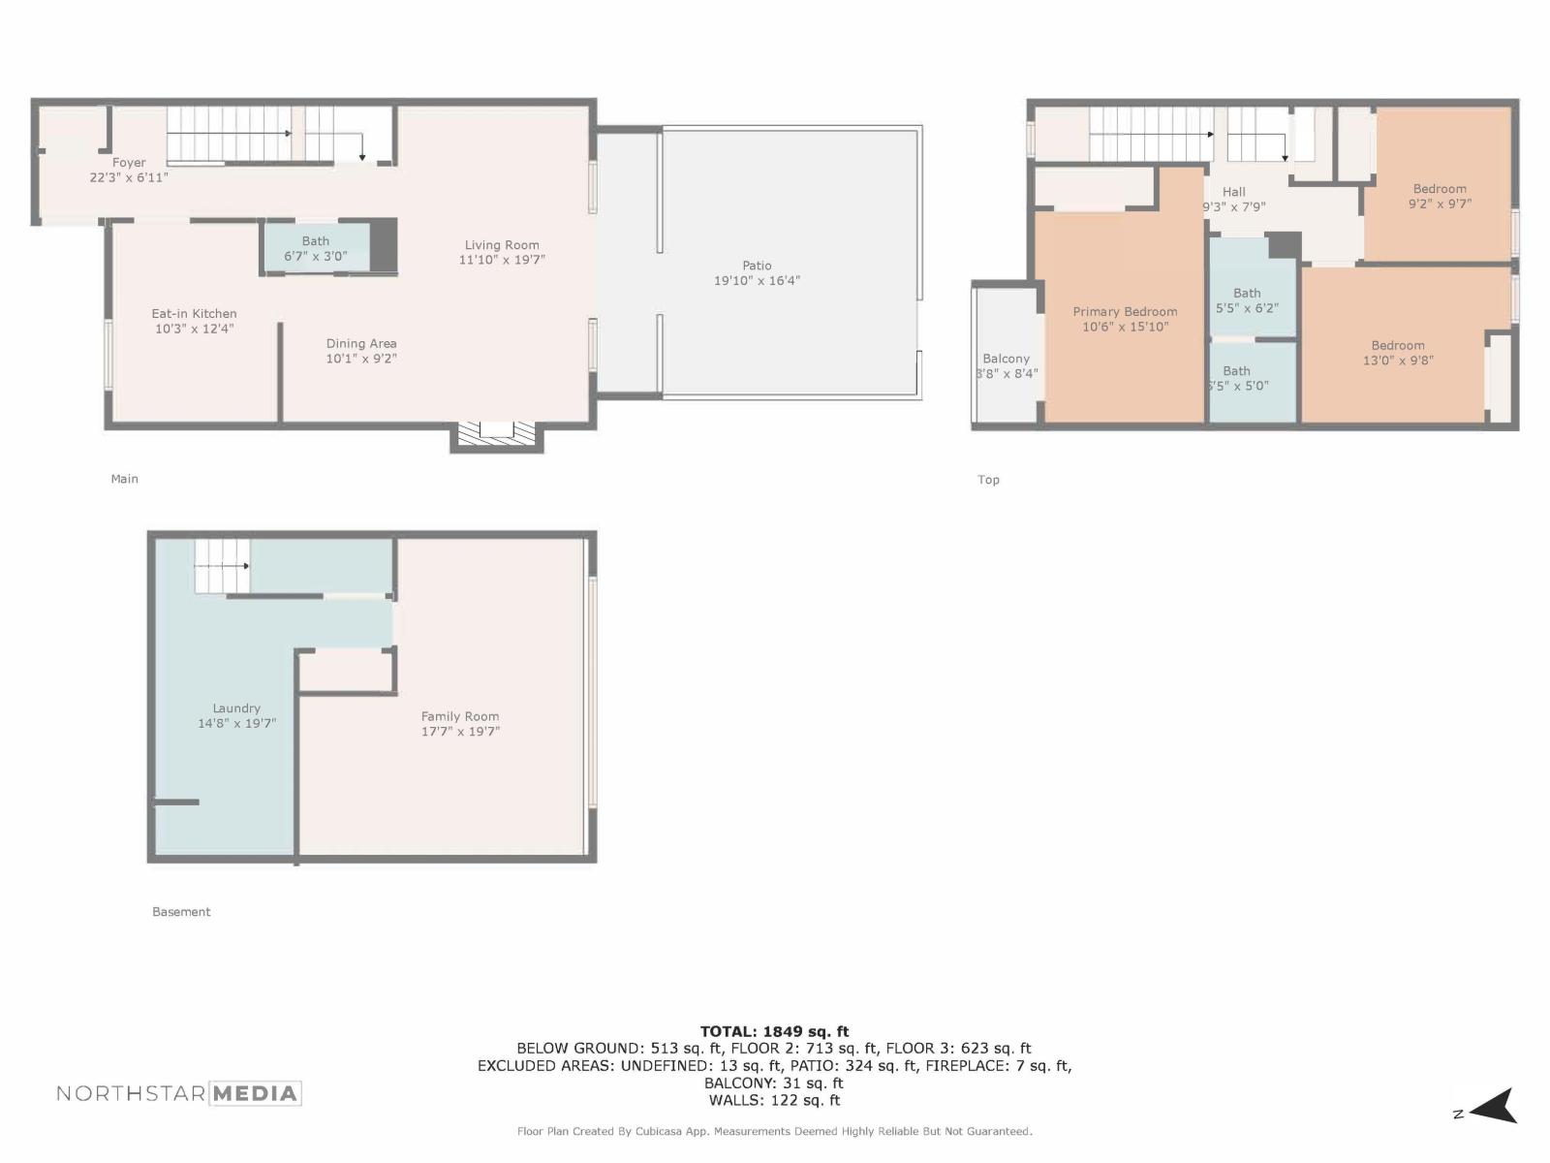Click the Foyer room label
129,163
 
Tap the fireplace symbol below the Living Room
496,433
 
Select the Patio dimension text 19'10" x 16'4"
757,281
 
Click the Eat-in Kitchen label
194,313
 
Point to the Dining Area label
360,343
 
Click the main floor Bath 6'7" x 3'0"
315,248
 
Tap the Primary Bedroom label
1125,311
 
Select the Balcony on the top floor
1006,359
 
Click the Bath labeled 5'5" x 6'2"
1247,300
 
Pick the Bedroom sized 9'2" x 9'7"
1440,197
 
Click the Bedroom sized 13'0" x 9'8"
1397,353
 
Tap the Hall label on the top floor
1233,192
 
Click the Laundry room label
236,708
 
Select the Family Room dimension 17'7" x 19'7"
460,732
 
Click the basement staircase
222,567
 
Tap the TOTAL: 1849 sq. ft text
774,1031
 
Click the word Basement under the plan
181,912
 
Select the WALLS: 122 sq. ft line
774,1100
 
